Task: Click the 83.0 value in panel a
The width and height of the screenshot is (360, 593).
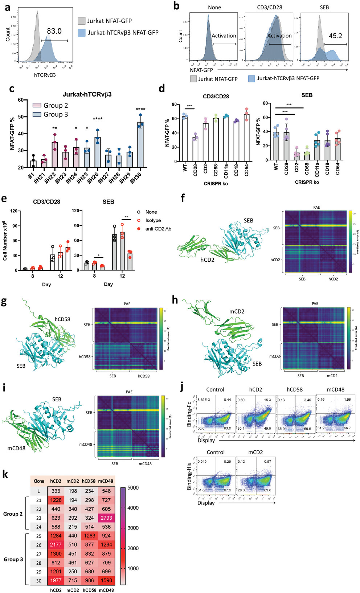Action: pyautogui.click(x=54, y=31)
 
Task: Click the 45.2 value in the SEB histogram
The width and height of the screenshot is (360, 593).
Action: pyautogui.click(x=335, y=36)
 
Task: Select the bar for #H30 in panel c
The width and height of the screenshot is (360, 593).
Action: pyautogui.click(x=140, y=145)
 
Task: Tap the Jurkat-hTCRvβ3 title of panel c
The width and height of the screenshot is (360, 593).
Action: pyautogui.click(x=87, y=94)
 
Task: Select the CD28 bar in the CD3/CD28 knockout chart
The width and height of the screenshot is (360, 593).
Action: pyautogui.click(x=195, y=150)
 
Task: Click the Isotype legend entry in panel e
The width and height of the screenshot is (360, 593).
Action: pyautogui.click(x=153, y=220)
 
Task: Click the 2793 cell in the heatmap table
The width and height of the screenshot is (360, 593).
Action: pyautogui.click(x=106, y=518)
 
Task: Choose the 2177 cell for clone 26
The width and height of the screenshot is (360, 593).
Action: pyautogui.click(x=56, y=545)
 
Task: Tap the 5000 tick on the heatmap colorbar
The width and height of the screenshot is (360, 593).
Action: pyautogui.click(x=133, y=488)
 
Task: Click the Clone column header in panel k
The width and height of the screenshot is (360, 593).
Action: pyautogui.click(x=39, y=481)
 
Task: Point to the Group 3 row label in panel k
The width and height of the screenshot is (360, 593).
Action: pyautogui.click(x=13, y=559)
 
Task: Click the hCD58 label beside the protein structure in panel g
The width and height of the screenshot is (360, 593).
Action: pyautogui.click(x=62, y=319)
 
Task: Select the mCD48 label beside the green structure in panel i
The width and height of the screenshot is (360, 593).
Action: pyautogui.click(x=16, y=448)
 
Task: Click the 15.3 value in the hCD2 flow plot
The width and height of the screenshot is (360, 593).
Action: pyautogui.click(x=267, y=400)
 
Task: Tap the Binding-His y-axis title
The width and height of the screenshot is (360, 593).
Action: pyautogui.click(x=189, y=476)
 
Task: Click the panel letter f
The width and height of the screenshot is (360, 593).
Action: pyautogui.click(x=183, y=198)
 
